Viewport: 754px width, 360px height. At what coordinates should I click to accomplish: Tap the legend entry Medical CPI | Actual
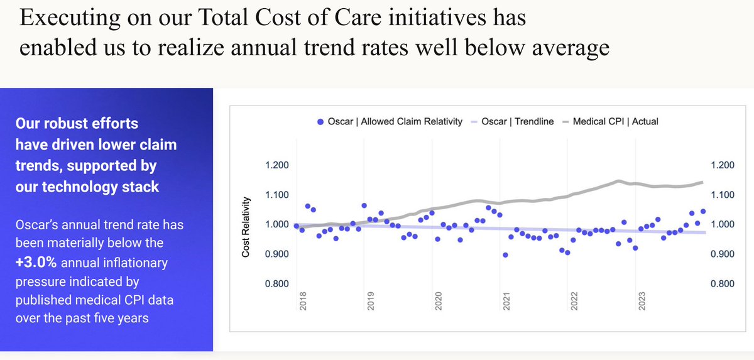click(614, 121)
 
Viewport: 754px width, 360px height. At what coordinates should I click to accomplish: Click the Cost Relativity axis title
click(246, 227)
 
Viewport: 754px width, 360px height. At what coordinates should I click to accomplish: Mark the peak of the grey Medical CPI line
click(619, 181)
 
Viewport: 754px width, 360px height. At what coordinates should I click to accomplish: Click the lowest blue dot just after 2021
click(506, 255)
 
